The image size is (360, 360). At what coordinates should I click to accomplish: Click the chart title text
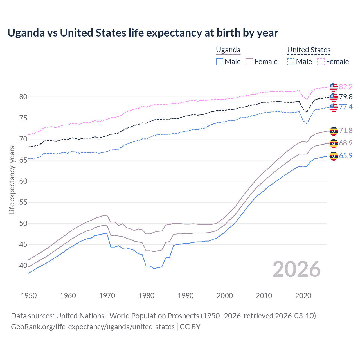(x=143, y=33)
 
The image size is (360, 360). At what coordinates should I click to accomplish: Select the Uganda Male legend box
(x=220, y=62)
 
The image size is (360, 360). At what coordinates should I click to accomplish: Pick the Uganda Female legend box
(x=249, y=62)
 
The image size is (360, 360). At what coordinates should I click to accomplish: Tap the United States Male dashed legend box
(x=291, y=62)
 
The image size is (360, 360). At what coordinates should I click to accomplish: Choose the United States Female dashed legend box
(x=321, y=62)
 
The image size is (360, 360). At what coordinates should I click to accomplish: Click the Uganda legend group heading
(x=228, y=50)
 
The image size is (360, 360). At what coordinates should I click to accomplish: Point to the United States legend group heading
(x=309, y=50)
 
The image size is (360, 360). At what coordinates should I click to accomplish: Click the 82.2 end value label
(x=346, y=87)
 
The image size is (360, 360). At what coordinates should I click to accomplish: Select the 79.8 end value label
(x=346, y=97)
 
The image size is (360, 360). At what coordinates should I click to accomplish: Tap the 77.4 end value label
(x=346, y=107)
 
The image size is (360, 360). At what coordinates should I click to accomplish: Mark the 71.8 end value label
(x=346, y=131)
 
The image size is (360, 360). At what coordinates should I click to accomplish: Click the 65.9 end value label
(x=346, y=156)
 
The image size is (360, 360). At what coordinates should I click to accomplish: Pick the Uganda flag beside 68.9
(x=334, y=143)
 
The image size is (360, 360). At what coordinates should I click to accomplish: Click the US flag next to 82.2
(x=334, y=87)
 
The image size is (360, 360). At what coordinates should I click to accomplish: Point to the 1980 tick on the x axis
(x=147, y=296)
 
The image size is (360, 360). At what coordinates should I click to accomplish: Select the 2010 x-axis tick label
(x=264, y=296)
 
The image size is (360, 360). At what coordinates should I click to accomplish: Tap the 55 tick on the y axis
(x=23, y=202)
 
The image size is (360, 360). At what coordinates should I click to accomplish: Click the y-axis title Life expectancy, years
(x=12, y=180)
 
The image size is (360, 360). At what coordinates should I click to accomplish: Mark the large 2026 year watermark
(x=296, y=269)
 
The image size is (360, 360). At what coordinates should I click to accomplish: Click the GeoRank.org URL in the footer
(x=93, y=327)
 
